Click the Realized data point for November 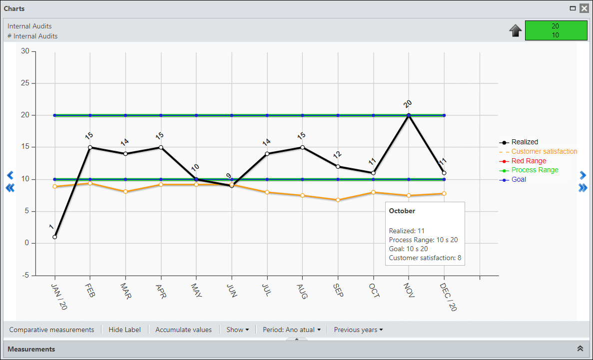pyautogui.click(x=409, y=115)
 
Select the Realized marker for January pyautogui.click(x=55, y=237)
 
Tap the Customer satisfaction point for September pyautogui.click(x=338, y=200)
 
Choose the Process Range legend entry pyautogui.click(x=529, y=170)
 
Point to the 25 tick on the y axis pyautogui.click(x=25, y=83)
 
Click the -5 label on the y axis pyautogui.click(x=25, y=275)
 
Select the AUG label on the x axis pyautogui.click(x=302, y=292)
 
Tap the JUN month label pyautogui.click(x=231, y=291)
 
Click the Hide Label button pyautogui.click(x=124, y=330)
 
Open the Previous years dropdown pyautogui.click(x=358, y=330)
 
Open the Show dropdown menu pyautogui.click(x=237, y=330)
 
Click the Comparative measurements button pyautogui.click(x=51, y=330)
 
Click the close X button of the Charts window pyautogui.click(x=584, y=8)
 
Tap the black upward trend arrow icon pyautogui.click(x=516, y=30)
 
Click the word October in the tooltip pyautogui.click(x=402, y=211)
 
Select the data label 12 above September pyautogui.click(x=337, y=155)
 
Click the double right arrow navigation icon pyautogui.click(x=583, y=188)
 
